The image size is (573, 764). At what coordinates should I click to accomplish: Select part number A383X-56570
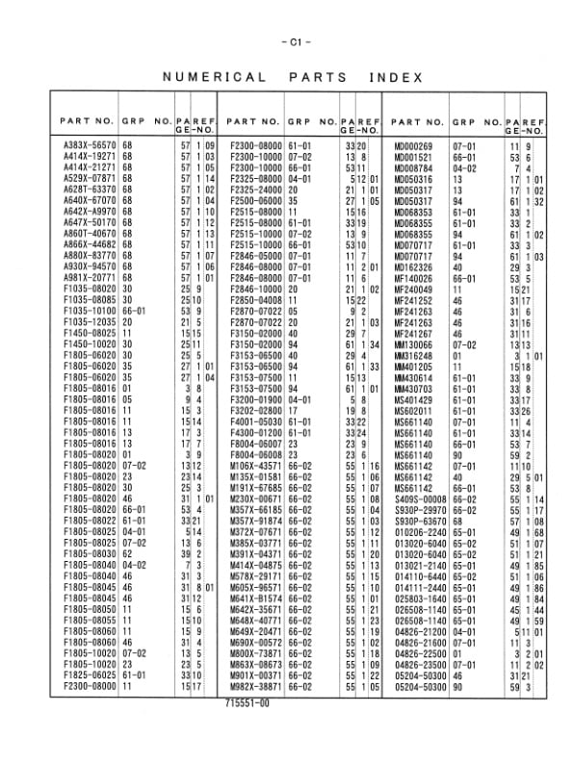coord(90,143)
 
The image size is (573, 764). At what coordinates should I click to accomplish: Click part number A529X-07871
coord(90,179)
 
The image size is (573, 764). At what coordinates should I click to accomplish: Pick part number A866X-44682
coord(90,244)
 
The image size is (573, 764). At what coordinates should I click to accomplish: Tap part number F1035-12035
coord(90,321)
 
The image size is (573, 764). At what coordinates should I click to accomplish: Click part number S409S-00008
coord(419,500)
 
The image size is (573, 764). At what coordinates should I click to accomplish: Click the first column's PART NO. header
coord(87,122)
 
